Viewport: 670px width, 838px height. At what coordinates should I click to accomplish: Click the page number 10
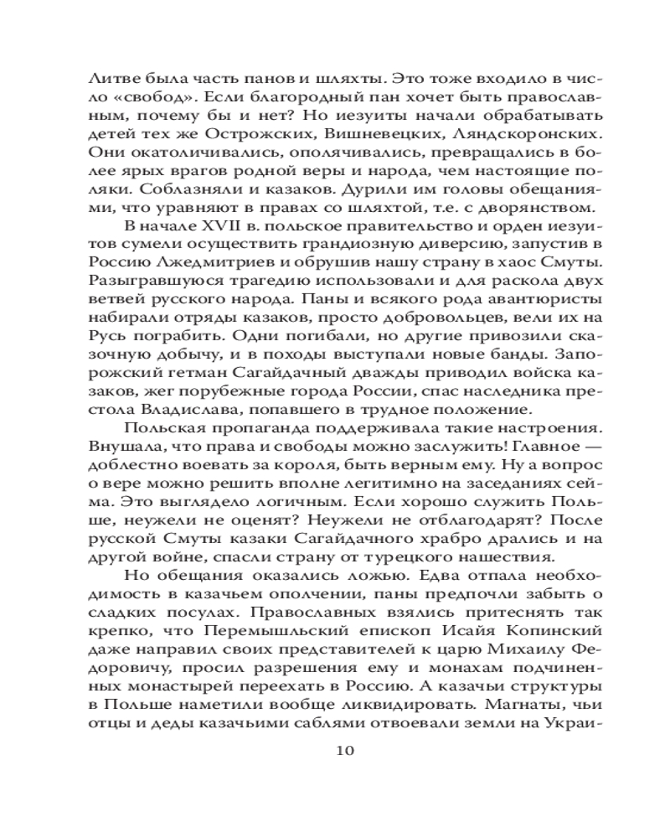click(x=344, y=749)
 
